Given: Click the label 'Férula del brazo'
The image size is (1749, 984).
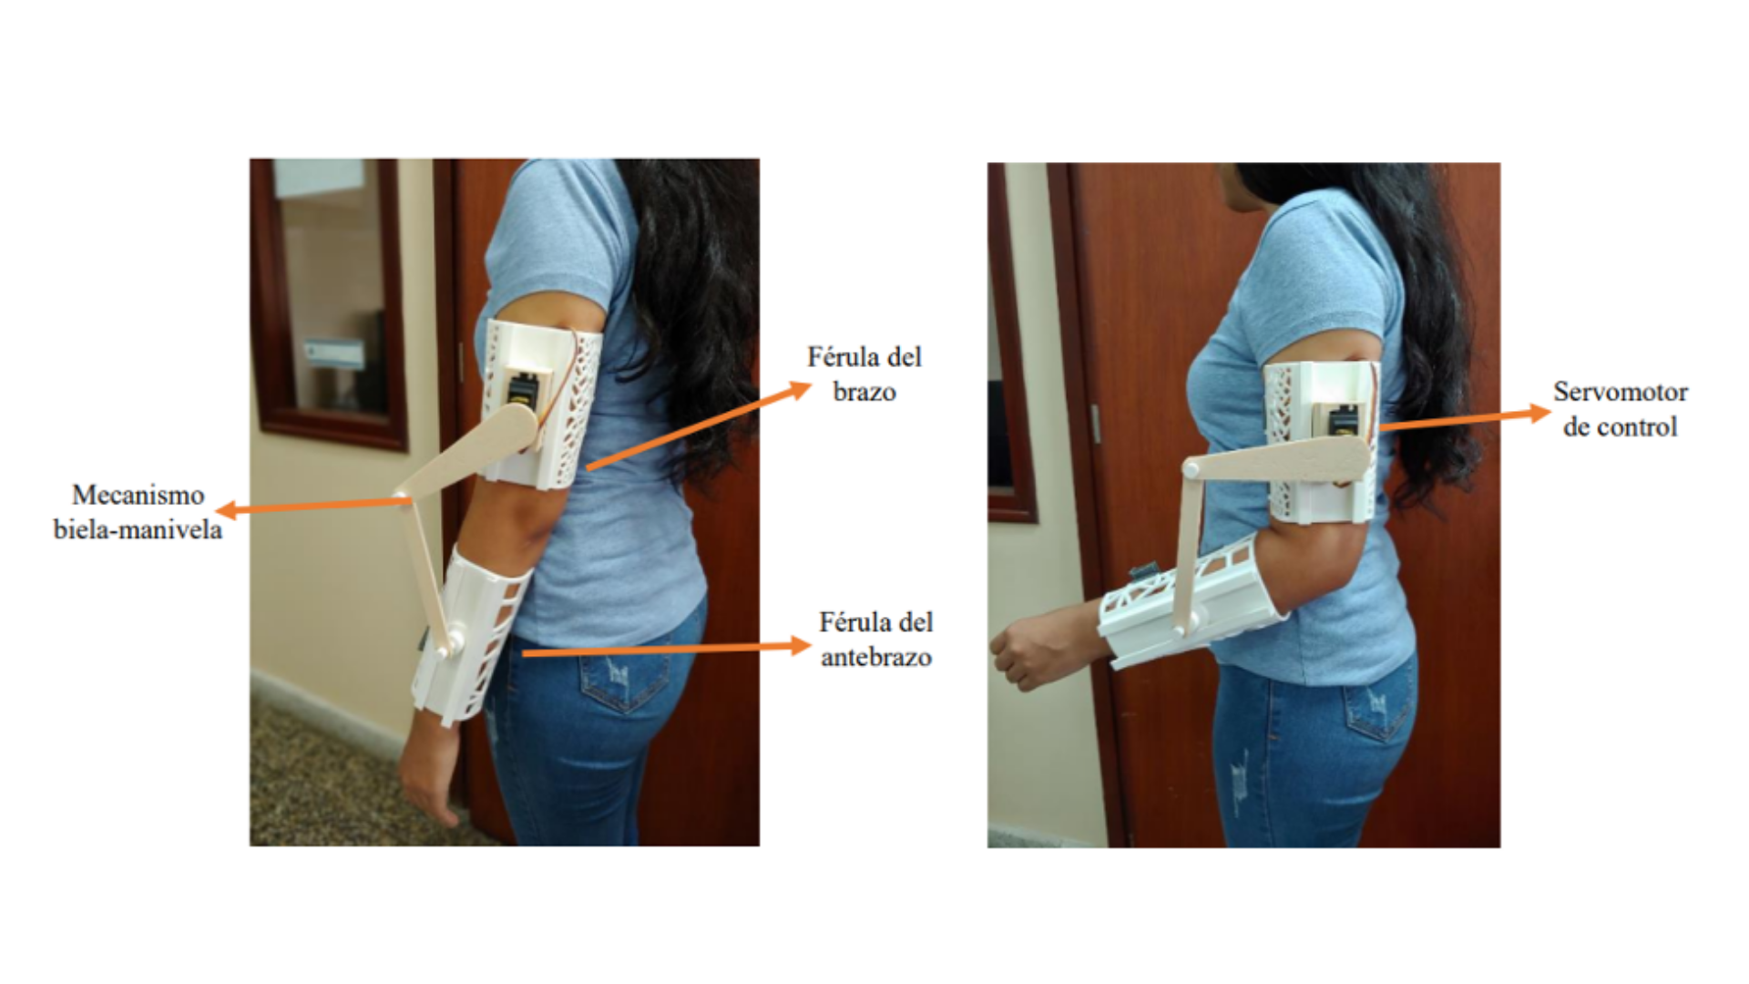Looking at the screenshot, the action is click(864, 374).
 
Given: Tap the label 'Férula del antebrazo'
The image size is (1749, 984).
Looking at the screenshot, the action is click(875, 640).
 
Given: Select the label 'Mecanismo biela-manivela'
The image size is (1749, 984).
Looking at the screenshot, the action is click(138, 512).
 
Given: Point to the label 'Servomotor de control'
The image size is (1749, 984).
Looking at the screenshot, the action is click(1621, 409).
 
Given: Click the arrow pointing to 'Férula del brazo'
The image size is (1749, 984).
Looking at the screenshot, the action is click(699, 425).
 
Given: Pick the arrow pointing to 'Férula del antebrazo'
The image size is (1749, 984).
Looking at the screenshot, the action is click(666, 649).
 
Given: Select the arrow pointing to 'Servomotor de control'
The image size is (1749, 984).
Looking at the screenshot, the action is click(1465, 418).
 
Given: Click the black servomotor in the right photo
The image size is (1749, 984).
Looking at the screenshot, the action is click(1343, 421).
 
